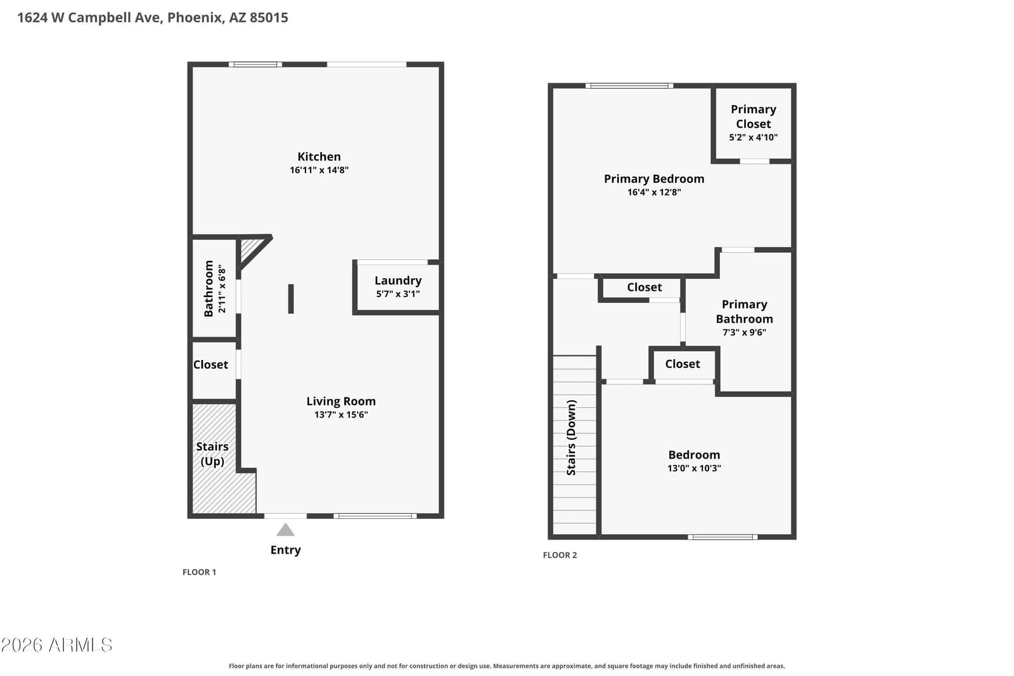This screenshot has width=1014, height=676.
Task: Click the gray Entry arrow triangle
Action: [285, 530]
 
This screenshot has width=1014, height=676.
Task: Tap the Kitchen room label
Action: [319, 156]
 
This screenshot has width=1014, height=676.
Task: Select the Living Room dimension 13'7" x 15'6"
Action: [342, 414]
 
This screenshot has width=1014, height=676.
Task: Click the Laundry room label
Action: [398, 281]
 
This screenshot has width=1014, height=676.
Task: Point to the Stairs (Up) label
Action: [212, 454]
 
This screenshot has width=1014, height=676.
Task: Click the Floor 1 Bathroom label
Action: [209, 289]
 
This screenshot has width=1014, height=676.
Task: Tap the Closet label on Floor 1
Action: [210, 365]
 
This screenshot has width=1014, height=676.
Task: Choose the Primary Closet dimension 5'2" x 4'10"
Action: [754, 137]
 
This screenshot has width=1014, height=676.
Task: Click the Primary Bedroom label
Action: [654, 179]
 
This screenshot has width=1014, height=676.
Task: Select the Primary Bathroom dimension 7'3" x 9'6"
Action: [744, 332]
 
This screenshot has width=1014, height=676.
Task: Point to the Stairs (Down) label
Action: [571, 438]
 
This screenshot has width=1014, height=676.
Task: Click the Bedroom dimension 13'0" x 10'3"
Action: [694, 468]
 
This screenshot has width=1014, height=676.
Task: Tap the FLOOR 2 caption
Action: [560, 555]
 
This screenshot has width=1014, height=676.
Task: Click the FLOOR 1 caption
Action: [199, 572]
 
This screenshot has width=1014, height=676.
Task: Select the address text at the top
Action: [153, 18]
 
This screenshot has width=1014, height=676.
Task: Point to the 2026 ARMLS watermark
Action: [56, 645]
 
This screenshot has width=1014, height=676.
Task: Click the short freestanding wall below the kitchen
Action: [291, 298]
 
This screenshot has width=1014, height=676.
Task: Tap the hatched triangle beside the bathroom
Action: [250, 248]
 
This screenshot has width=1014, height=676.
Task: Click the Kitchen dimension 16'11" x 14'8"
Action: [319, 170]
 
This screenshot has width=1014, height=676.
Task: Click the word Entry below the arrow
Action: [286, 550]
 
